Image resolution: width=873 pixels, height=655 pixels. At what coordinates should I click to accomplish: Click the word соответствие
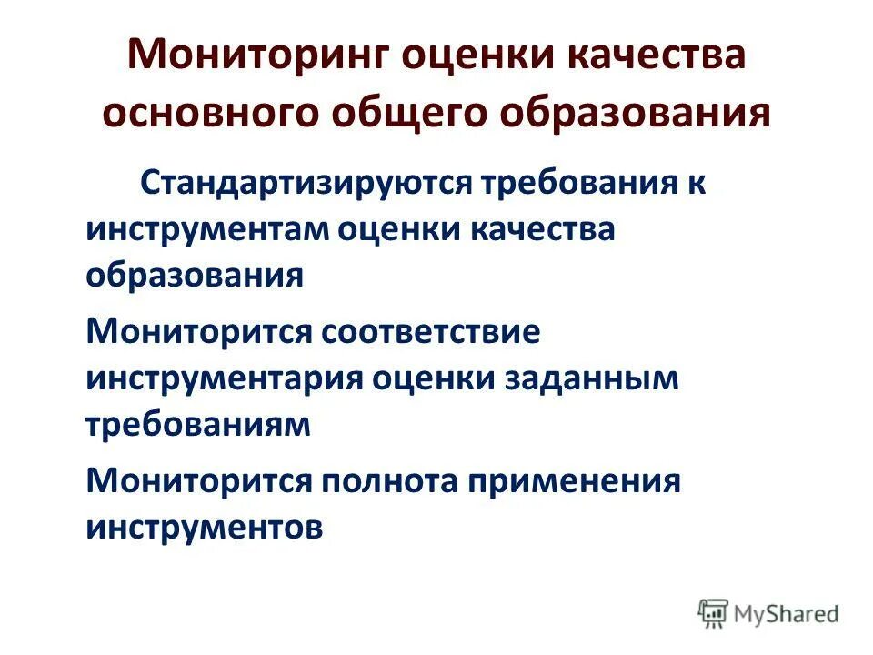(430, 331)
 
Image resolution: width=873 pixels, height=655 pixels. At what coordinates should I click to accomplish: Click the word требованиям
(198, 424)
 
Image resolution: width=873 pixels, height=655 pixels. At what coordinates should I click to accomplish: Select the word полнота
(390, 479)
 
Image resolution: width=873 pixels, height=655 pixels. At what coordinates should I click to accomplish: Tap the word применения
(574, 479)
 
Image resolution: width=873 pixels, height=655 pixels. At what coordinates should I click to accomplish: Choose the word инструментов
(204, 526)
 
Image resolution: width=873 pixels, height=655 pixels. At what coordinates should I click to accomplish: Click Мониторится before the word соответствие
(197, 331)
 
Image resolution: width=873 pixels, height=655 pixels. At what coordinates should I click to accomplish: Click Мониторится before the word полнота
(197, 479)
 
